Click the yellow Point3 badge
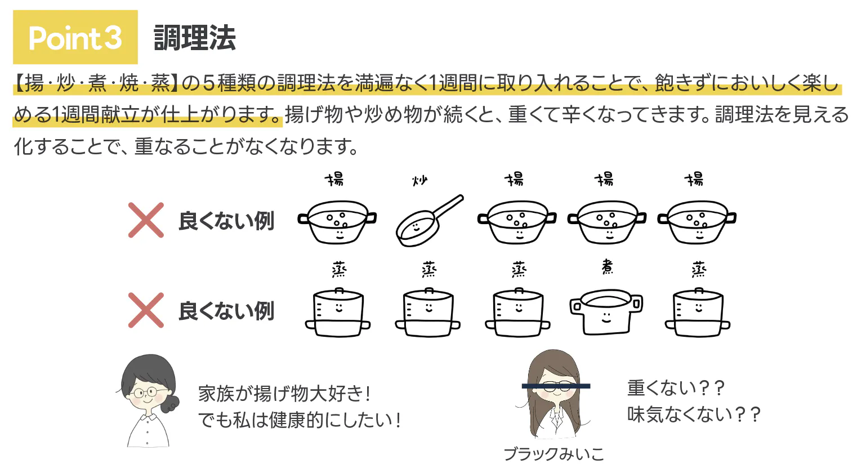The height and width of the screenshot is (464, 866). pyautogui.click(x=75, y=37)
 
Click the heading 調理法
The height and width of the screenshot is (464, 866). pyautogui.click(x=194, y=38)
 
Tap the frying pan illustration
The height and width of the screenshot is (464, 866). pyautogui.click(x=429, y=221)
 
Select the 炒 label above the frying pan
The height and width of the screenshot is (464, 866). pyautogui.click(x=420, y=181)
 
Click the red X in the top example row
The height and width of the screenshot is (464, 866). pyautogui.click(x=146, y=220)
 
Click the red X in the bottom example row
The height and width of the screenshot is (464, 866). pyautogui.click(x=146, y=310)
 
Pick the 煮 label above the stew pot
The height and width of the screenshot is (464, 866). pyautogui.click(x=608, y=267)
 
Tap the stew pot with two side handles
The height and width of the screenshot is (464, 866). pyautogui.click(x=606, y=311)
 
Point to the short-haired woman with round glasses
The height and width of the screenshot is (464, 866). pyautogui.click(x=148, y=401)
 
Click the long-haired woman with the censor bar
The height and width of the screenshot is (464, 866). pyautogui.click(x=554, y=394)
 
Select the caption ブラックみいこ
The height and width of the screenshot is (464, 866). pyautogui.click(x=554, y=454)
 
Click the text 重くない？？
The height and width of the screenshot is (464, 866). pyautogui.click(x=676, y=388)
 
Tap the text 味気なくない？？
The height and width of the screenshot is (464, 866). pyautogui.click(x=694, y=414)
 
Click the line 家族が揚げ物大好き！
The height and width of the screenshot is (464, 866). pyautogui.click(x=285, y=394)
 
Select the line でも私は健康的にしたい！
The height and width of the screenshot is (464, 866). pyautogui.click(x=300, y=420)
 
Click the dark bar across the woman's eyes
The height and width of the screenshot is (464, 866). pyautogui.click(x=556, y=386)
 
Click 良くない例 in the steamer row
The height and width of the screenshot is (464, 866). pyautogui.click(x=226, y=311)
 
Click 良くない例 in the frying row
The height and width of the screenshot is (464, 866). pyautogui.click(x=226, y=221)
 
